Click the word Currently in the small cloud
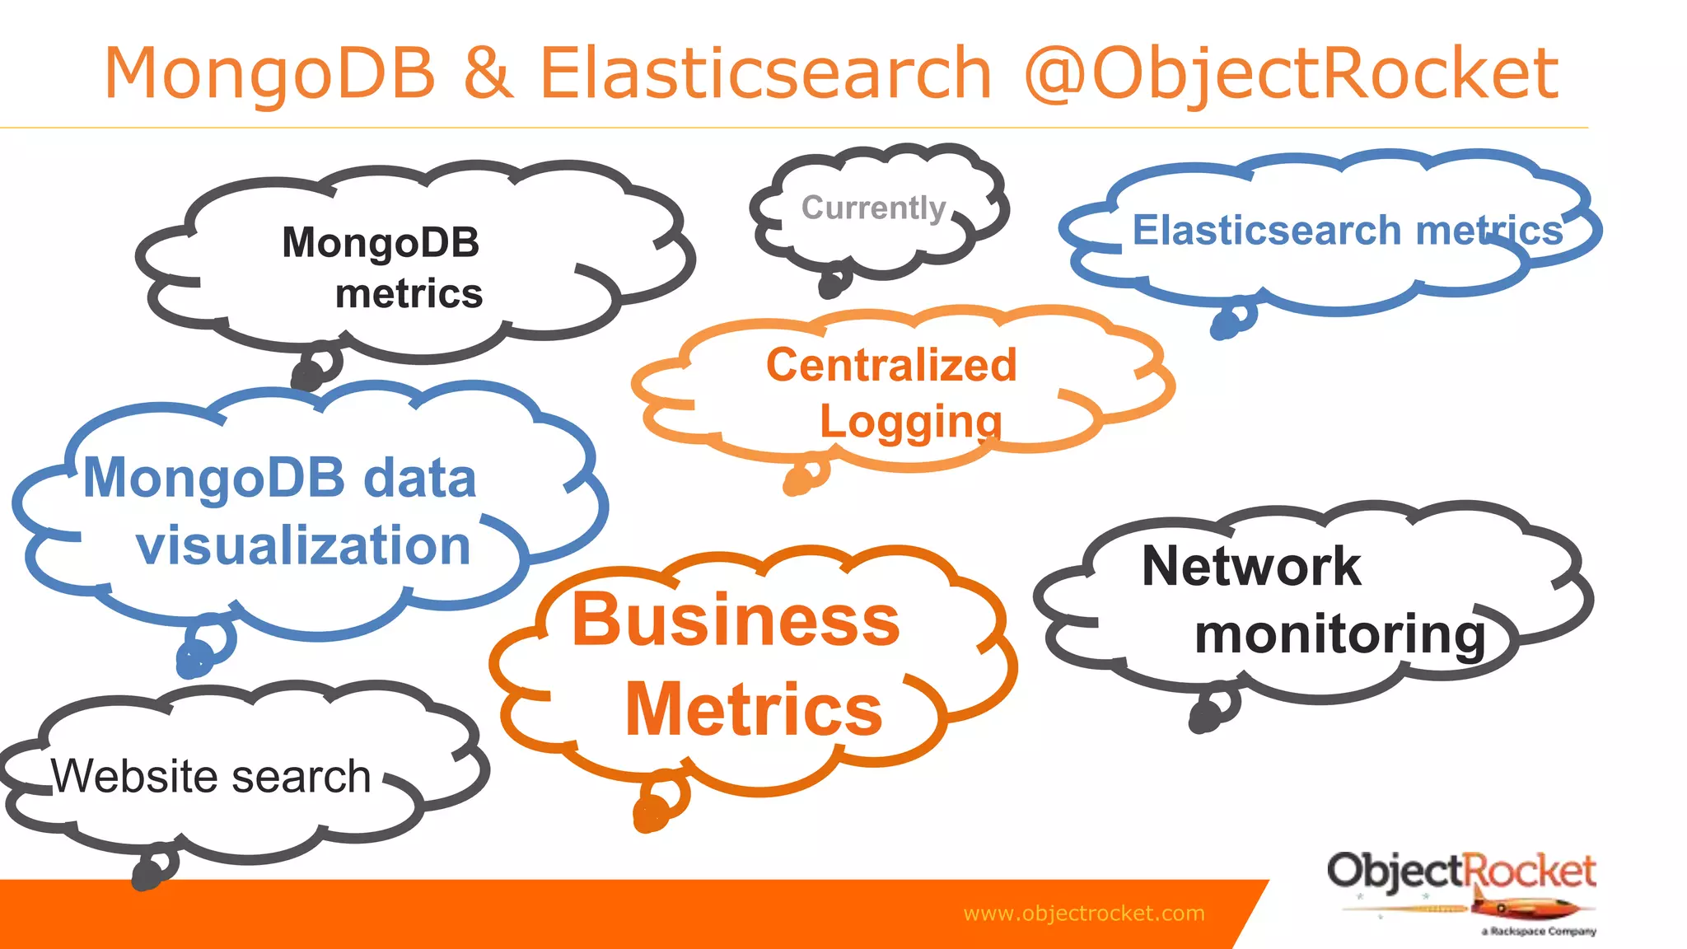coord(873,208)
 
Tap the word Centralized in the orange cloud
coord(891,365)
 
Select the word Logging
coord(910,422)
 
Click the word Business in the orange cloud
coord(736,619)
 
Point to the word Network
coord(1251,567)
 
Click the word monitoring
coord(1340,634)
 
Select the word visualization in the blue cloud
coord(303,545)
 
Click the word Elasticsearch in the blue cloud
coord(1266,230)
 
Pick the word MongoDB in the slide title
coord(269,72)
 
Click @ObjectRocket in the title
coord(1291,74)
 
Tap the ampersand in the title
coord(488,72)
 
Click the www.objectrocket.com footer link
coord(1083,913)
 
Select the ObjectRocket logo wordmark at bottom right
coord(1460,872)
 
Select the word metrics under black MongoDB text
coord(409,294)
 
